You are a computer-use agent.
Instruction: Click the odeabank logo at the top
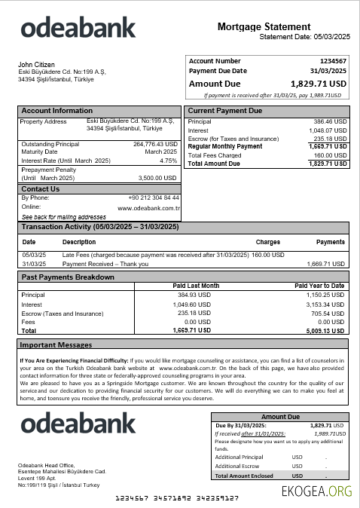tap(78, 29)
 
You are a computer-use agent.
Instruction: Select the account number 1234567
tap(333, 60)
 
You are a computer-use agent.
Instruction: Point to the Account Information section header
tap(57, 111)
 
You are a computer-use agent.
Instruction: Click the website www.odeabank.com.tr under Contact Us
tap(148, 207)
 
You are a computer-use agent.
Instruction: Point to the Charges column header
tap(268, 243)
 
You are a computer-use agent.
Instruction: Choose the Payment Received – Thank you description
tap(105, 265)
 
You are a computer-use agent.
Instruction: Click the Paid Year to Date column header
tap(319, 286)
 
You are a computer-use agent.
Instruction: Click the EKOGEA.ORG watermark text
tap(316, 491)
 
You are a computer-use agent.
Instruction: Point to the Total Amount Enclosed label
tap(244, 476)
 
